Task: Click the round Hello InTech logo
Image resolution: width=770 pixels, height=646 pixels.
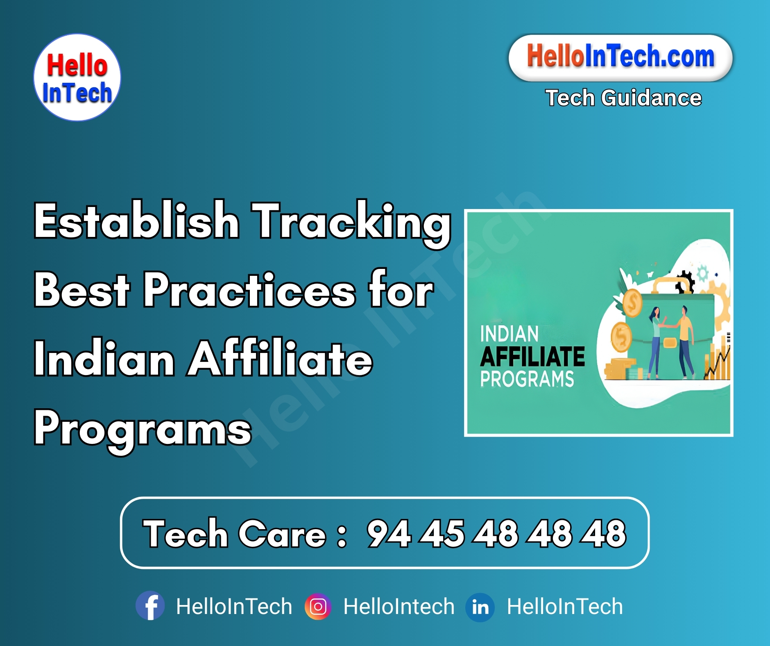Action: click(77, 77)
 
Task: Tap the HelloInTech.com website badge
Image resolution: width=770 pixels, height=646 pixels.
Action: click(620, 57)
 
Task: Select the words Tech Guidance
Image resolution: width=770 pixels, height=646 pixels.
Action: click(623, 98)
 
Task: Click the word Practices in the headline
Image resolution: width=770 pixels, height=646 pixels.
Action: click(249, 290)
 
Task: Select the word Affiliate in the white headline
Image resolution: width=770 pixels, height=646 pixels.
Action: click(280, 358)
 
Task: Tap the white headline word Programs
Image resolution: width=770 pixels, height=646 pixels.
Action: click(143, 429)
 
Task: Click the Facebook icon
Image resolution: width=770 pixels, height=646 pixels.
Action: click(150, 605)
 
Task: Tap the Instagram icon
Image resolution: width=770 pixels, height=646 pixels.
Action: click(318, 606)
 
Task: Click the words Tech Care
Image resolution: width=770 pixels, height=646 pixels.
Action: click(234, 533)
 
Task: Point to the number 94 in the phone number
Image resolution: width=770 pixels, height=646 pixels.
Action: click(388, 533)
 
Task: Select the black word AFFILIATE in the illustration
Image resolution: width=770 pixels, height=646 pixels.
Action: click(532, 357)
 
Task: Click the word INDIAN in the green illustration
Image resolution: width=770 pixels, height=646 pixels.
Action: click(509, 334)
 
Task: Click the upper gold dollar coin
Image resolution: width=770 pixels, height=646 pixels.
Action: click(632, 303)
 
